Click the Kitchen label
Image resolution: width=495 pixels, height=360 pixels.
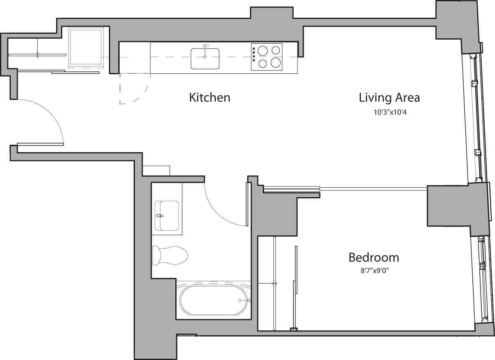coord(209,98)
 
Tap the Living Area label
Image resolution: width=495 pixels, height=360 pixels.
coord(389,98)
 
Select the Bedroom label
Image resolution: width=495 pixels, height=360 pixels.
coord(374,258)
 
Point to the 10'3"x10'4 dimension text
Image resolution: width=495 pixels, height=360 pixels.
coord(390,112)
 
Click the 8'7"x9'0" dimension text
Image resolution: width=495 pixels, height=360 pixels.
coord(374,271)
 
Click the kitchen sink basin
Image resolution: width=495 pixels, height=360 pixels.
coord(205,59)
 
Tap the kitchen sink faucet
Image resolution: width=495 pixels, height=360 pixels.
coord(206,46)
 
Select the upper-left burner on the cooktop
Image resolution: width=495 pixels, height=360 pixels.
coord(263,50)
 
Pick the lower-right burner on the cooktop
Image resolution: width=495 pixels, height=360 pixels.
coord(276,63)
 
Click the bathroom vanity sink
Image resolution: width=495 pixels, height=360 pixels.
coord(167,215)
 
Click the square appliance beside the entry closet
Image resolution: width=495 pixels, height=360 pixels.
coord(86,47)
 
